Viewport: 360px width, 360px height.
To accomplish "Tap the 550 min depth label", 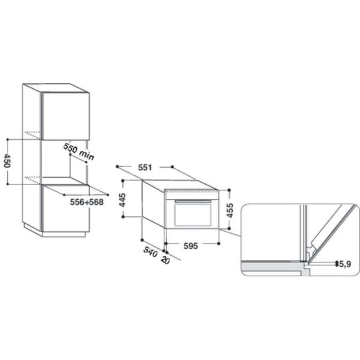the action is [78, 152].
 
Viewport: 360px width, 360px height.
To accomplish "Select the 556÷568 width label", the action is [86, 202].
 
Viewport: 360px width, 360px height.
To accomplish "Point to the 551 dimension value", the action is [145, 168].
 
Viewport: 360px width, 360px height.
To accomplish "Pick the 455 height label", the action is [230, 210].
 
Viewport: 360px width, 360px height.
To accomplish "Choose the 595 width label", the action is [190, 246].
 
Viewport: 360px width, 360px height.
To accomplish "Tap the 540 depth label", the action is [150, 252].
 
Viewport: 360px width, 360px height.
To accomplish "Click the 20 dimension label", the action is [165, 260].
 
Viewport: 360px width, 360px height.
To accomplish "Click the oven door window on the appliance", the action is [193, 215].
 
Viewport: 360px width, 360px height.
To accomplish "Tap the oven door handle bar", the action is [193, 201].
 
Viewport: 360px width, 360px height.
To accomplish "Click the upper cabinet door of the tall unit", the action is [66, 116].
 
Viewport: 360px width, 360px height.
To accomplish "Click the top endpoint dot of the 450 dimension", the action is [8, 139].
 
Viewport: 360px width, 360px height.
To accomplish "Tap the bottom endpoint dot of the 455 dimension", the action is [229, 229].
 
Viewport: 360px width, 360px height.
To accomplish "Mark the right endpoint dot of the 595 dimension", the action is [218, 243].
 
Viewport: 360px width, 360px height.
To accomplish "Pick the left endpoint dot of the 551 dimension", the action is [117, 166].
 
